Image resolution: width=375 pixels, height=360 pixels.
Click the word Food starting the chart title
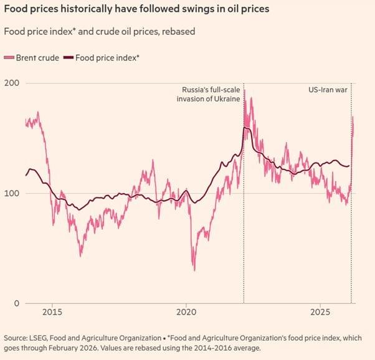(17, 10)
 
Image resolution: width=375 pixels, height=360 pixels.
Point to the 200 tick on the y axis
(11, 83)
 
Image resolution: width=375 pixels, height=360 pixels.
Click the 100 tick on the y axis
(11, 194)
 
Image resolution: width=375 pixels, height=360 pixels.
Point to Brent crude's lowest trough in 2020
(194, 269)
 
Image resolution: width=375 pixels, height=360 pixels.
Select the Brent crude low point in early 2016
(80, 255)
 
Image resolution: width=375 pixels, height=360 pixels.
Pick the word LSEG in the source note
(43, 337)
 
